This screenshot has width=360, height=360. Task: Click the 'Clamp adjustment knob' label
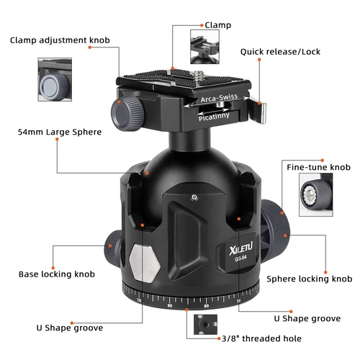tap(60, 40)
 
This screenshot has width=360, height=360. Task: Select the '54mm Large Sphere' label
tap(60, 132)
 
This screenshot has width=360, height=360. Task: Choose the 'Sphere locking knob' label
tap(309, 279)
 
